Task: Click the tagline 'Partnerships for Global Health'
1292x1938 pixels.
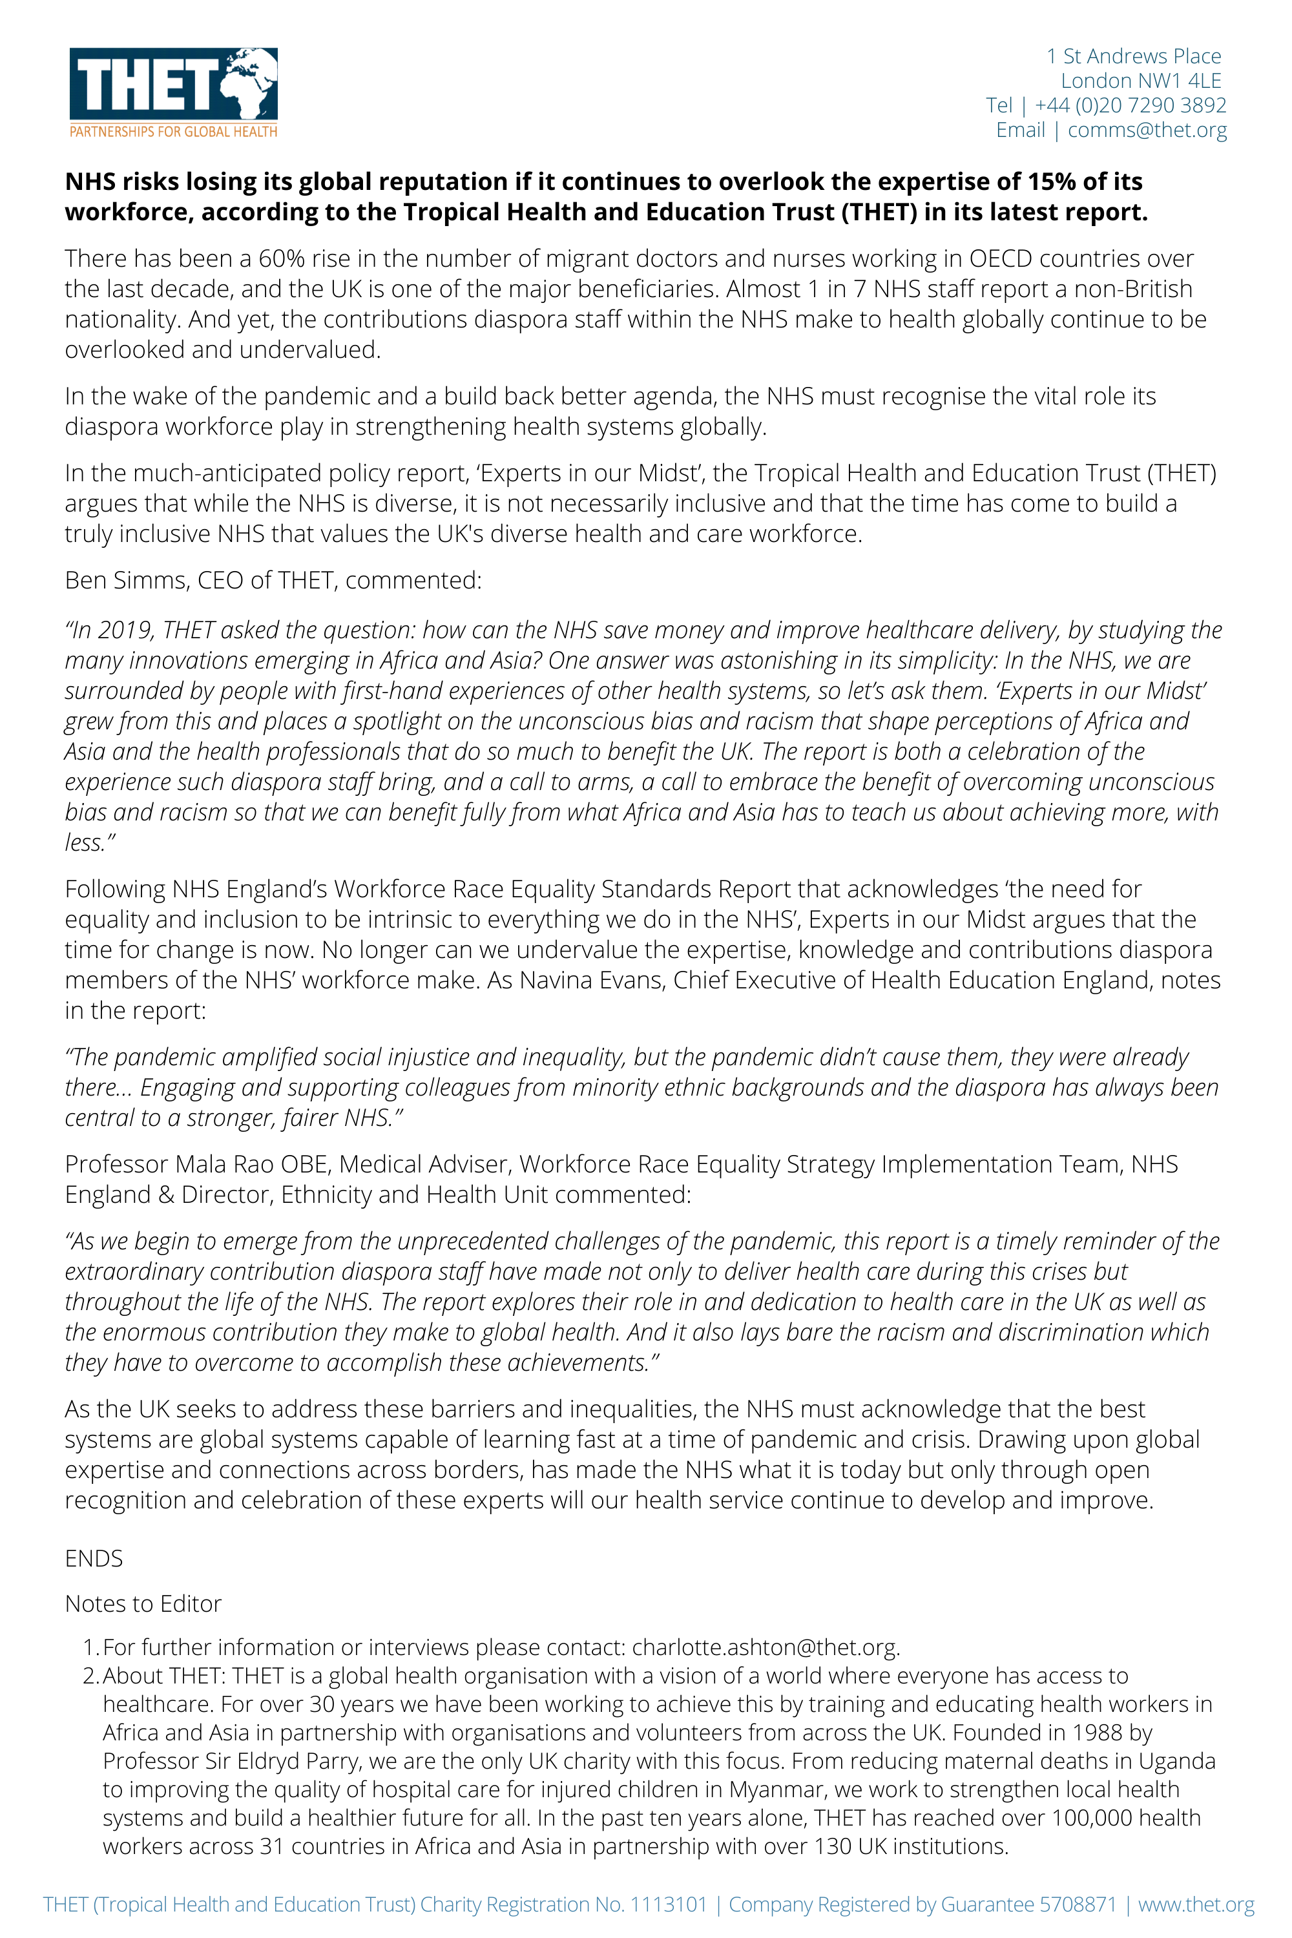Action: tap(173, 132)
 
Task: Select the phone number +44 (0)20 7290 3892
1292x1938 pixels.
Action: tap(1130, 105)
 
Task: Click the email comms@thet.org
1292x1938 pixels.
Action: tap(1147, 130)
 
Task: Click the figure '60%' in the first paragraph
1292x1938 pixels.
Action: tap(282, 259)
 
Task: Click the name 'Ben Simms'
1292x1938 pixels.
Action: tap(126, 580)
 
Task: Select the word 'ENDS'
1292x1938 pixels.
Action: tap(94, 1558)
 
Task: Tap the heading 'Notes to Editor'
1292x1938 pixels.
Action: tap(143, 1603)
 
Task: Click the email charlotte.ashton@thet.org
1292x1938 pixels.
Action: tap(766, 1647)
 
